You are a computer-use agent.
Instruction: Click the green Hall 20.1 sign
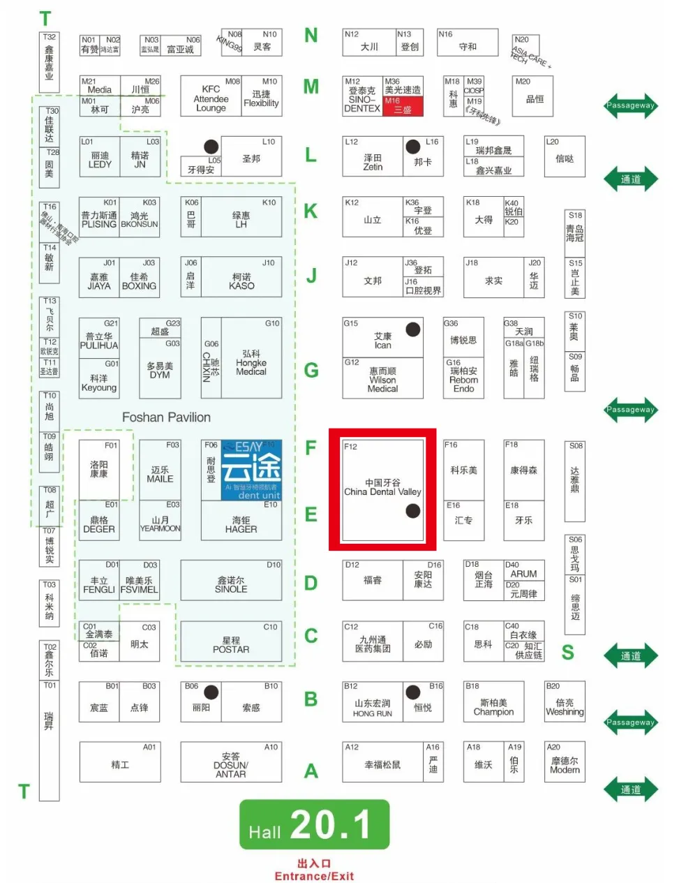pyautogui.click(x=314, y=824)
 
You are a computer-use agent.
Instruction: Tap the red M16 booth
pyautogui.click(x=403, y=106)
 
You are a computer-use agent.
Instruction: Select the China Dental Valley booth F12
pyautogui.click(x=382, y=489)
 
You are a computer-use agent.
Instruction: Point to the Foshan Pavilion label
pyautogui.click(x=166, y=417)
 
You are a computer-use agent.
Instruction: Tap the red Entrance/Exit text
pyautogui.click(x=314, y=870)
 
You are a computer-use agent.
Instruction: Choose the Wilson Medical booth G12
pyautogui.click(x=382, y=379)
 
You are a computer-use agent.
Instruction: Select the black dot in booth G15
pyautogui.click(x=413, y=329)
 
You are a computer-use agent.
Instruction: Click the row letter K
pyautogui.click(x=311, y=211)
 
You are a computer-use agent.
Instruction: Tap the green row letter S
pyautogui.click(x=568, y=652)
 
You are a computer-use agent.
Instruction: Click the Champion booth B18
pyautogui.click(x=493, y=702)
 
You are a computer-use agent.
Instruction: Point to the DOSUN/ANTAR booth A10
pyautogui.click(x=230, y=762)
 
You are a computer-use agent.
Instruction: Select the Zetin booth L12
pyautogui.click(x=373, y=158)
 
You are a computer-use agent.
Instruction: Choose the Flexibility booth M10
pyautogui.click(x=261, y=98)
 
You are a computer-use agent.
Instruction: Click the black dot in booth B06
pyautogui.click(x=211, y=692)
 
